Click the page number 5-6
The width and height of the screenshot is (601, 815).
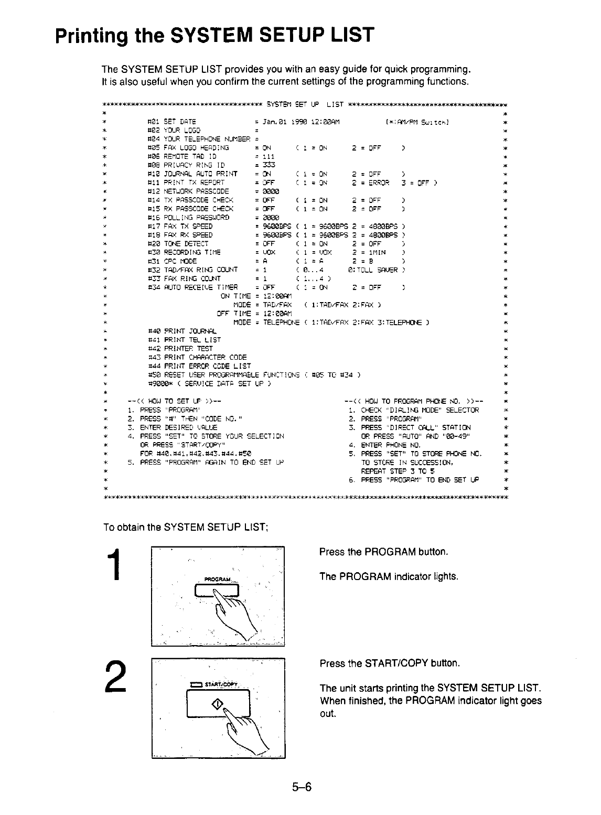[x=302, y=787]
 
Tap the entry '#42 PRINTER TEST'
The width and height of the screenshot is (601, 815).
[x=181, y=348]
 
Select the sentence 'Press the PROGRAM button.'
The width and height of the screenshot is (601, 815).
[x=384, y=552]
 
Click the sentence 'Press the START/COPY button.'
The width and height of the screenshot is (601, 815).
[x=390, y=663]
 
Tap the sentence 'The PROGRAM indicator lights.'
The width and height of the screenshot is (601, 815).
[x=389, y=576]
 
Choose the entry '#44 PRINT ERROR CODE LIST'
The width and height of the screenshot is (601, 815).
[x=200, y=366]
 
